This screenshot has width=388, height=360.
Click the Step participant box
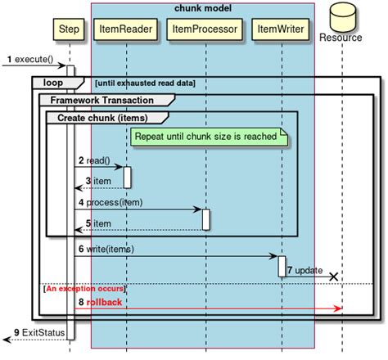pyautogui.click(x=69, y=29)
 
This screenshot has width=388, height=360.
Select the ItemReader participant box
pyautogui.click(x=125, y=29)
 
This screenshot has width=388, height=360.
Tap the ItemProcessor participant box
pyautogui.click(x=205, y=29)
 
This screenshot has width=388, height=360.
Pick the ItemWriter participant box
pyautogui.click(x=281, y=29)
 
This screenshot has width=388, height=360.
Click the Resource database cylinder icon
pyautogui.click(x=343, y=17)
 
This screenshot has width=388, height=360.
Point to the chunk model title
pyautogui.click(x=203, y=8)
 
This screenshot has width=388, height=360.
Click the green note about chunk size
pyautogui.click(x=209, y=137)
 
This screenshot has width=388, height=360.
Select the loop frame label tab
pyautogui.click(x=58, y=83)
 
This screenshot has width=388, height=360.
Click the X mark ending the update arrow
pyautogui.click(x=334, y=277)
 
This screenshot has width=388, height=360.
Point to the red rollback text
pyautogui.click(x=104, y=302)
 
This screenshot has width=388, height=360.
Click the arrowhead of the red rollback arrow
pyautogui.click(x=338, y=308)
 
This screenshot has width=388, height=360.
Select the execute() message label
pyautogui.click(x=34, y=59)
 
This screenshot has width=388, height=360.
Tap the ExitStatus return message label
pyautogui.click(x=43, y=333)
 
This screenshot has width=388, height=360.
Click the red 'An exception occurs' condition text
pyautogui.click(x=85, y=289)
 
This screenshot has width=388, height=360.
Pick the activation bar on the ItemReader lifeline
pyautogui.click(x=127, y=178)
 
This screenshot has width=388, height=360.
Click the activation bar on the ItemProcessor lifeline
pyautogui.click(x=206, y=219)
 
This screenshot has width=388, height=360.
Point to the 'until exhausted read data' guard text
pyautogui.click(x=145, y=83)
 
